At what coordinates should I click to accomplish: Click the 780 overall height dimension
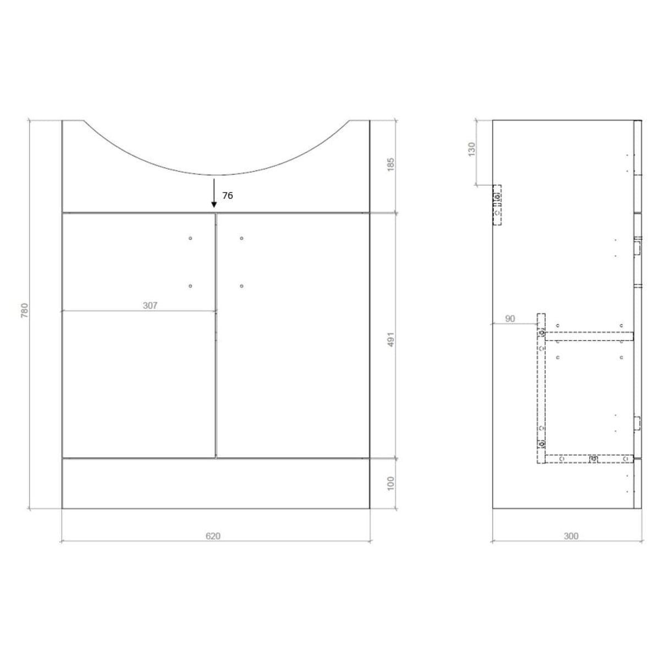25,310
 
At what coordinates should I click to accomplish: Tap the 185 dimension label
391,165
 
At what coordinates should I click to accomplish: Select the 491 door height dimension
391,339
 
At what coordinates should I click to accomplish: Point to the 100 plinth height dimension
391,483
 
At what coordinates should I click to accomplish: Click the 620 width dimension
213,536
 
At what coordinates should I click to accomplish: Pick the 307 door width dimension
150,305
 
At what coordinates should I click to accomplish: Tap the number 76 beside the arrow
227,196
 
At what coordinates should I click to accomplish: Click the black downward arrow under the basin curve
214,193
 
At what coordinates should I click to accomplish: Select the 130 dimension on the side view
471,150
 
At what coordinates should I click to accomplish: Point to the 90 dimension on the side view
510,319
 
